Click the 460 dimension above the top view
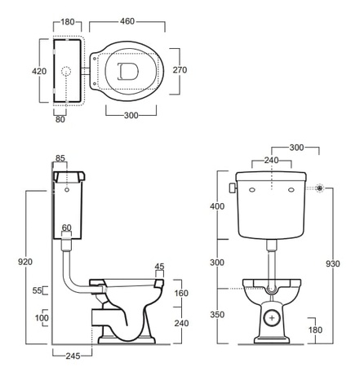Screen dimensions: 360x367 tap(127, 21)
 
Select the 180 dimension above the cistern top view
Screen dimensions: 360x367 tap(67, 22)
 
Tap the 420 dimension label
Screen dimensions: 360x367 tap(39, 71)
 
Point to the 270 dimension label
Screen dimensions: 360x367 tap(180, 70)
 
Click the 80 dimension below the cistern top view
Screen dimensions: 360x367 tap(60, 119)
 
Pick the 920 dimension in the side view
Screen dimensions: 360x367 tap(25, 262)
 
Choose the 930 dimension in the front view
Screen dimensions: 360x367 tap(332, 263)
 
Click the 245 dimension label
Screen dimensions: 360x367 tap(73, 356)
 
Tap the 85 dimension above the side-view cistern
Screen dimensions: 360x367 tap(60, 158)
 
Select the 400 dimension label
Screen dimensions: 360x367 tap(217, 206)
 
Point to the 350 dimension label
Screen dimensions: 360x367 tap(217, 315)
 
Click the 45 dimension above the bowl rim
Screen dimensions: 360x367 tap(159, 267)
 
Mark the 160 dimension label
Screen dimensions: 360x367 tap(181, 294)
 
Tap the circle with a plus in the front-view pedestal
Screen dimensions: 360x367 tap(272, 317)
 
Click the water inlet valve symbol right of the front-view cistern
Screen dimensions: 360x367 tap(320, 188)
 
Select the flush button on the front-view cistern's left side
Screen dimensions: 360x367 tap(233, 188)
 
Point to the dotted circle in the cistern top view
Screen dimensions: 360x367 tap(66, 72)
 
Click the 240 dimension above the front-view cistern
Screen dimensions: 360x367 tap(271, 161)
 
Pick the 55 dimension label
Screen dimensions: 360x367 tap(38, 290)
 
